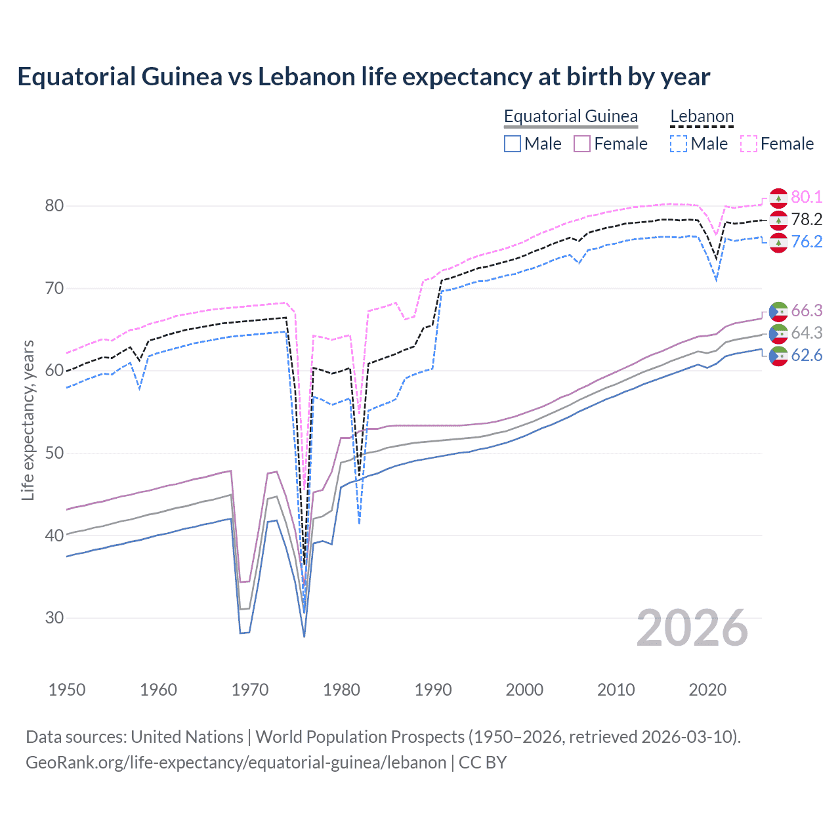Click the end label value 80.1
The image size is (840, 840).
tap(807, 197)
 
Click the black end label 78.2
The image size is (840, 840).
tap(807, 219)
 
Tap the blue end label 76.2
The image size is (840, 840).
tap(807, 241)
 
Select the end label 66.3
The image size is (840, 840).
tap(807, 310)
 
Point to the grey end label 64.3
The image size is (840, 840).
tap(807, 333)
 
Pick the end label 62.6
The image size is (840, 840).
tap(807, 355)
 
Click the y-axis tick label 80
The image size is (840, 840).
tap(54, 205)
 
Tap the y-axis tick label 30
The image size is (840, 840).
tap(54, 618)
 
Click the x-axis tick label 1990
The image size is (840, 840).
tap(433, 690)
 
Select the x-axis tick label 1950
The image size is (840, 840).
tap(68, 690)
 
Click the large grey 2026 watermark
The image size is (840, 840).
tap(692, 628)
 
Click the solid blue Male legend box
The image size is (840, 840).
tap(513, 144)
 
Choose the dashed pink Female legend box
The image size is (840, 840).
tap(749, 144)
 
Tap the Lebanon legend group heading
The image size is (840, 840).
tap(702, 116)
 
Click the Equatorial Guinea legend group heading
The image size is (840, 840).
tap(570, 116)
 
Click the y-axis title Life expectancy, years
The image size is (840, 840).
tap(28, 420)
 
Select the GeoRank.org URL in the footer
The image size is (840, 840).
tap(236, 763)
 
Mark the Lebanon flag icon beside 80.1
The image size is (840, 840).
tap(778, 198)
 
